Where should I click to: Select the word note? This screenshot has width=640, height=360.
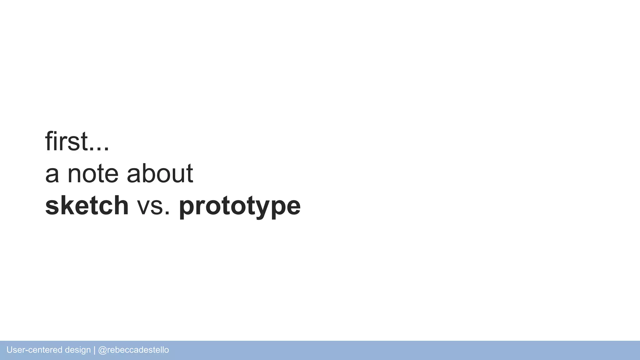[93, 174]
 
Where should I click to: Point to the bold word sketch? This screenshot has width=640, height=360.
[87, 205]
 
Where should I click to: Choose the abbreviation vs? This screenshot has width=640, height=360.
[153, 206]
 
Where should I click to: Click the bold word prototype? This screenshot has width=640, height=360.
[240, 206]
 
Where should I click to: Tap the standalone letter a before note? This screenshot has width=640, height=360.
[52, 175]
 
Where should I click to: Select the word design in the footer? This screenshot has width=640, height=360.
[78, 350]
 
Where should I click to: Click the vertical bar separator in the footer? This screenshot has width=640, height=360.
[94, 350]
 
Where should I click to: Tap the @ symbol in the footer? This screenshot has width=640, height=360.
[102, 350]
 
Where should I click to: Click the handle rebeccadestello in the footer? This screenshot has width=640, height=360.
[138, 350]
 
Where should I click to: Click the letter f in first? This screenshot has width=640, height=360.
[48, 141]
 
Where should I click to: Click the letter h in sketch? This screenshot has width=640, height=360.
[121, 205]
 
